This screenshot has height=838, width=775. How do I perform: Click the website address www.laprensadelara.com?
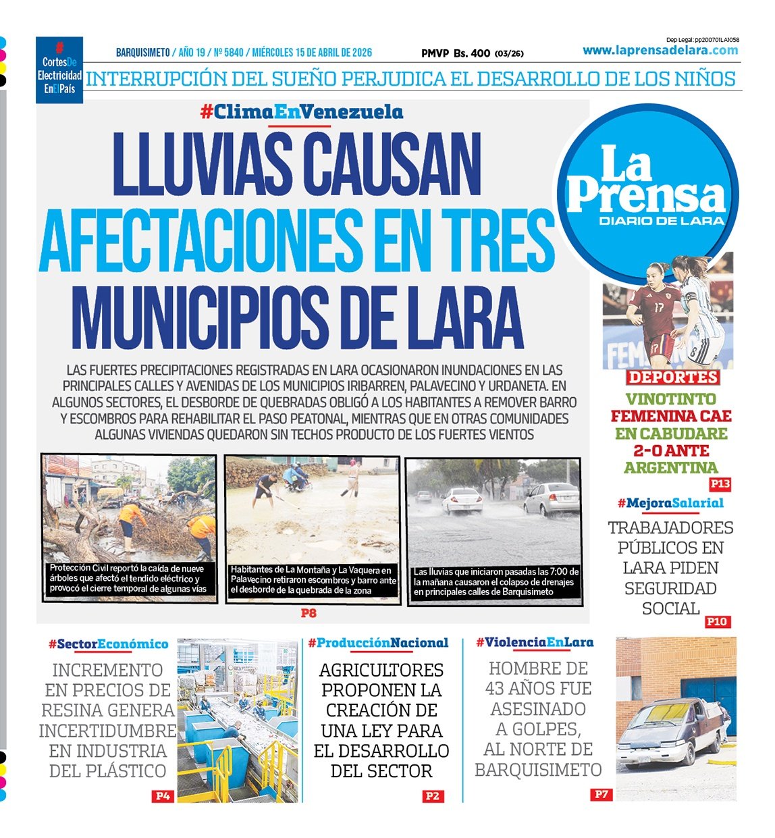tap(660, 51)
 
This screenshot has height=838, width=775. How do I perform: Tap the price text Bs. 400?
tap(472, 53)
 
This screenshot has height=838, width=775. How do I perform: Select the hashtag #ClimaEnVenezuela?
tap(301, 112)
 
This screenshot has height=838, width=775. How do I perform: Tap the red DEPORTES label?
tap(673, 377)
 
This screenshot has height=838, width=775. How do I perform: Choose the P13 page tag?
tap(720, 484)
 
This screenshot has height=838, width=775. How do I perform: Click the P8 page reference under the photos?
tap(309, 614)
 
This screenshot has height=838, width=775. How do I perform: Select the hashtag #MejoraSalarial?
tap(670, 503)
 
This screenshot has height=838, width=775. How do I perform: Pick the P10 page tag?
tap(717, 621)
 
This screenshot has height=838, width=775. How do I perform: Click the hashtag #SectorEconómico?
tap(108, 644)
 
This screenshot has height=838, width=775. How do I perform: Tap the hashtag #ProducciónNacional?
tap(378, 643)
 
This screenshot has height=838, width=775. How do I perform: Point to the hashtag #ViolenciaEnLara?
tap(534, 642)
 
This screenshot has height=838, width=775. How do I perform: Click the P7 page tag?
tap(601, 795)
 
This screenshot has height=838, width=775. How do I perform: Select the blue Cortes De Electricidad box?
tap(59, 70)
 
